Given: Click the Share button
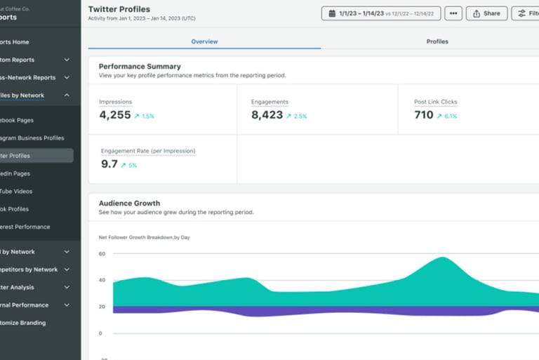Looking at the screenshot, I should [x=486, y=13].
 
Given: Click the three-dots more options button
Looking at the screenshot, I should [x=453, y=13].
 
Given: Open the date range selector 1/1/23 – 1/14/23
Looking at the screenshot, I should [x=381, y=13].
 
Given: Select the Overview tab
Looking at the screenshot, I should [x=204, y=41].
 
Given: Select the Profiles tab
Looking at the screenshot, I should [x=437, y=41].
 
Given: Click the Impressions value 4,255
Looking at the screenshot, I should [x=115, y=115].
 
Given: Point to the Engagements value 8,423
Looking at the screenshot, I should [x=267, y=115].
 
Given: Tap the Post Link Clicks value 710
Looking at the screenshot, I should [x=424, y=115].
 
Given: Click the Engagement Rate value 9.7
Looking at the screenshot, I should [x=109, y=164].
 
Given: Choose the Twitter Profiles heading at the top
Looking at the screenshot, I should [x=119, y=9].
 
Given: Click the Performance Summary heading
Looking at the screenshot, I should [x=140, y=66].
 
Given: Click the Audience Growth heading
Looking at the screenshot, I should [x=129, y=203].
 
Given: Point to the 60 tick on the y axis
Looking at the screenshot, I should [x=102, y=254].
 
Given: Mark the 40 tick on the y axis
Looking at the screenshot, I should [x=102, y=281].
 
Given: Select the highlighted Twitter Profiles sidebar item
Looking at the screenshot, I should [x=35, y=156].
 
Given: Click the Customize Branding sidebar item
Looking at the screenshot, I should [x=25, y=323].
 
